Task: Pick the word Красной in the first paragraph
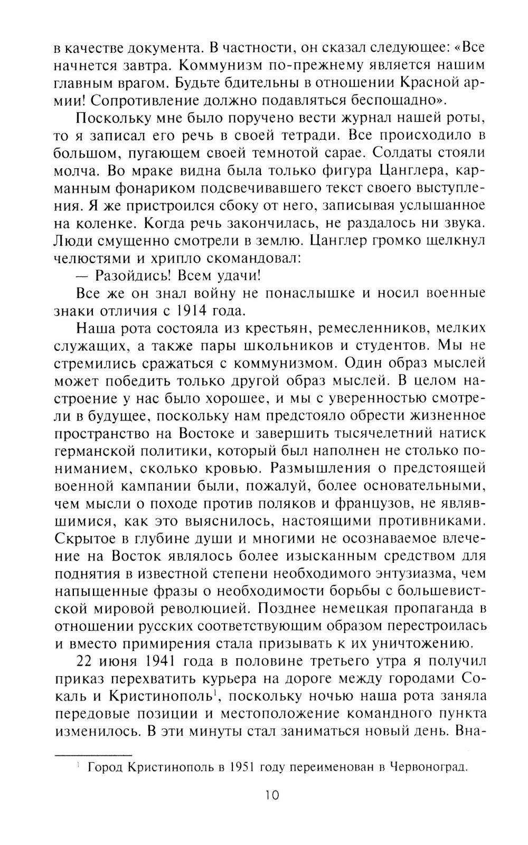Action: point(432,82)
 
